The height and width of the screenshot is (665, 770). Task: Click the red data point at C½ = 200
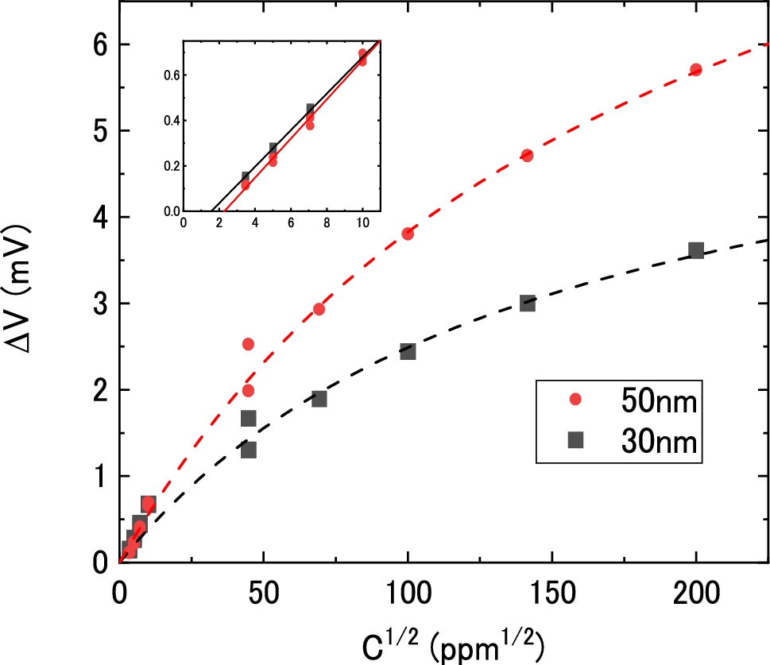pyautogui.click(x=696, y=70)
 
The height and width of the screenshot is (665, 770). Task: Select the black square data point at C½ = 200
pyautogui.click(x=696, y=250)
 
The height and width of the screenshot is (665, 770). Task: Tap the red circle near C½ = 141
pyautogui.click(x=526, y=155)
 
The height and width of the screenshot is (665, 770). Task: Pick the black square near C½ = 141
pyautogui.click(x=527, y=303)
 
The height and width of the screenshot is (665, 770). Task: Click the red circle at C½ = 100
pyautogui.click(x=408, y=234)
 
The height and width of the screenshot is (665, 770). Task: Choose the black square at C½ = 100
pyautogui.click(x=408, y=351)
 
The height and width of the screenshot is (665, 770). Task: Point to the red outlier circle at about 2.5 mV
pyautogui.click(x=248, y=344)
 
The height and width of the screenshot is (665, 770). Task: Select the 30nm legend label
pyautogui.click(x=659, y=442)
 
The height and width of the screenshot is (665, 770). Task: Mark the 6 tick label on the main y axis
pyautogui.click(x=102, y=45)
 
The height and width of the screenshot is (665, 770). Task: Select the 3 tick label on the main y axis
pyautogui.click(x=102, y=304)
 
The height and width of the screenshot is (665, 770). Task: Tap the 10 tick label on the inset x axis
pyautogui.click(x=362, y=223)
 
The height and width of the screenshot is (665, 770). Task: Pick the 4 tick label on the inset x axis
pyautogui.click(x=255, y=223)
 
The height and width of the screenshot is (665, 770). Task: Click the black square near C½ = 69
pyautogui.click(x=319, y=399)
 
